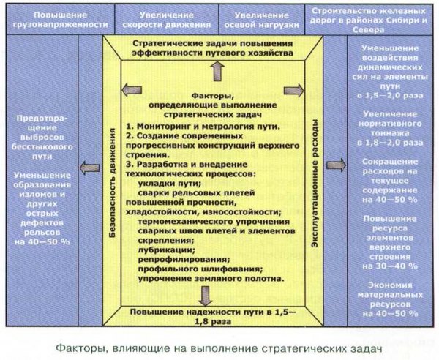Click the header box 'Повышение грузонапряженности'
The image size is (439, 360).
pyautogui.click(x=60, y=20)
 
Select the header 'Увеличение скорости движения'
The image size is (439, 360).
pyautogui.click(x=167, y=20)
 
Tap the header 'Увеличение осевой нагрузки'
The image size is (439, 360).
pyautogui.click(x=262, y=20)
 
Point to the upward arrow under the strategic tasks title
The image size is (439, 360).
pyautogui.click(x=218, y=72)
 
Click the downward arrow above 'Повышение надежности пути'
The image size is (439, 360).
pyautogui.click(x=205, y=296)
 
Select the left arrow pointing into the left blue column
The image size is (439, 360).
pyautogui.click(x=89, y=168)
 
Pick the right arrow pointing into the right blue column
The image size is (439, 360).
pyautogui.click(x=337, y=165)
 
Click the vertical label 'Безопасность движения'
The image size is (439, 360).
pyautogui.click(x=113, y=183)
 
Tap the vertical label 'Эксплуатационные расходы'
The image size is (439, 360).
pyautogui.click(x=315, y=184)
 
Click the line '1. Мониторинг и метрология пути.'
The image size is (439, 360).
pyautogui.click(x=203, y=127)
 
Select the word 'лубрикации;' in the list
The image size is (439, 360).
pyautogui.click(x=167, y=250)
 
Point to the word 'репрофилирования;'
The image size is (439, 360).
pyautogui.click(x=184, y=259)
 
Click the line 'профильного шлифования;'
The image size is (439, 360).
pyautogui.click(x=200, y=269)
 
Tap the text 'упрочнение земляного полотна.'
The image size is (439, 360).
pyautogui.click(x=211, y=279)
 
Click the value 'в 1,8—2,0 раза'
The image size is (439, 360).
pyautogui.click(x=390, y=143)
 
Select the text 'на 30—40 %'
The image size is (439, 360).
pyautogui.click(x=390, y=266)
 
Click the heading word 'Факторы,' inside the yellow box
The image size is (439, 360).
pyautogui.click(x=213, y=96)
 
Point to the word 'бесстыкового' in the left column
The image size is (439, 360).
pyautogui.click(x=42, y=147)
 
